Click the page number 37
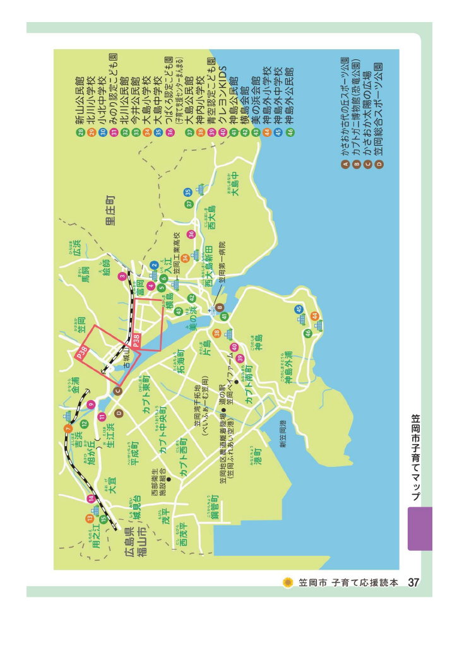point(414,582)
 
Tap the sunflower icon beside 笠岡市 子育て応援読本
point(288,582)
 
